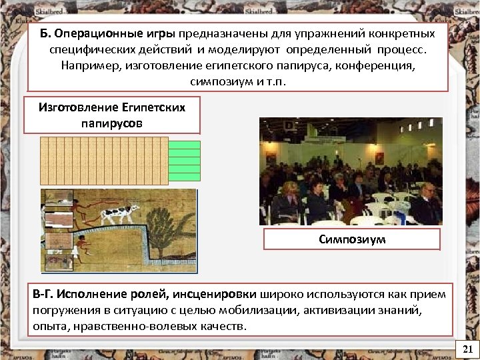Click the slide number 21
(467, 349)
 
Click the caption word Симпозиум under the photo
(352, 239)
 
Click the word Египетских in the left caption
(153, 107)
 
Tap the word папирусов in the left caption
(111, 123)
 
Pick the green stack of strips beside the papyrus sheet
(185, 161)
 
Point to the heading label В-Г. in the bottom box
(43, 294)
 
